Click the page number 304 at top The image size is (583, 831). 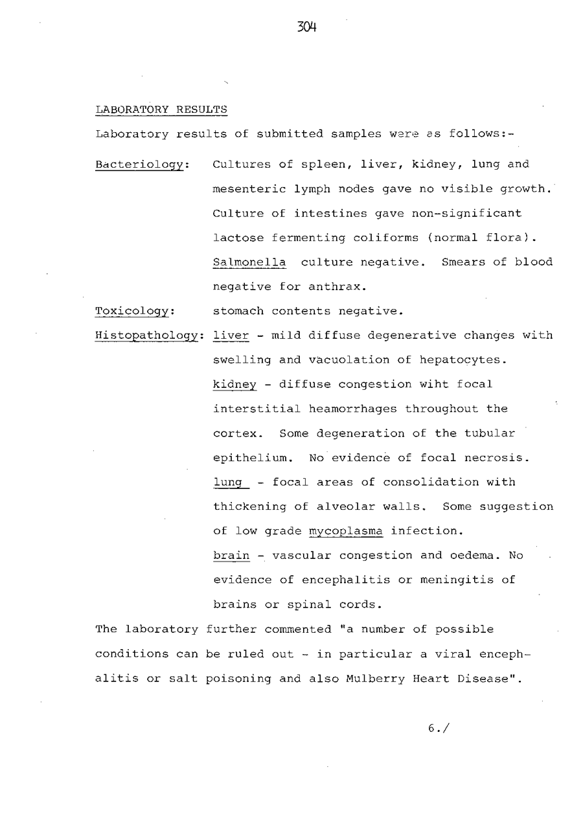tap(306, 27)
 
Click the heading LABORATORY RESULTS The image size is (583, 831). tap(161, 109)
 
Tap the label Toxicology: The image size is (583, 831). tap(135, 311)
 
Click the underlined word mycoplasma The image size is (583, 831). tap(346, 532)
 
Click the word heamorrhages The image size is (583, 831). tap(353, 409)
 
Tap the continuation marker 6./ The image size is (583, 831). tap(439, 728)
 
